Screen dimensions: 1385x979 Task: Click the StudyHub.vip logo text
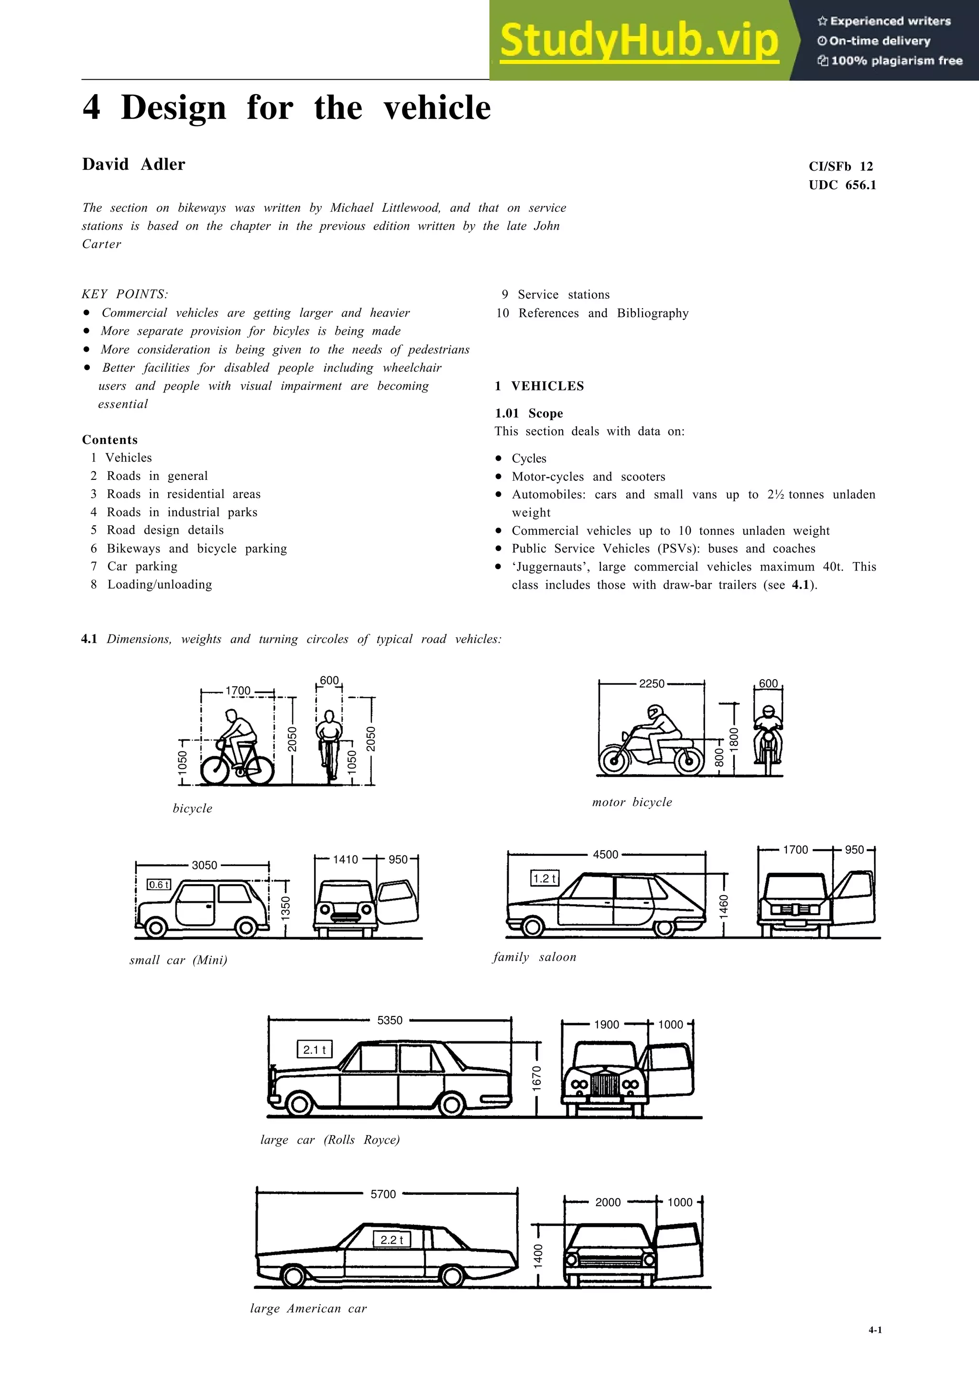tap(638, 41)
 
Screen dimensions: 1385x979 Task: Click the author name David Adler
tap(133, 164)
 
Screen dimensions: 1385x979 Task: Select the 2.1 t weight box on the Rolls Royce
tap(314, 1050)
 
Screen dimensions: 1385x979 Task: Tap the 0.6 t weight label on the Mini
tap(159, 884)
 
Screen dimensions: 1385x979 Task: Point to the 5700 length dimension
tap(383, 1194)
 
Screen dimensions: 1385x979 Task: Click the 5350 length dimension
tap(389, 1020)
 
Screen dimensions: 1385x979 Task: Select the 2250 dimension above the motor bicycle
tap(652, 683)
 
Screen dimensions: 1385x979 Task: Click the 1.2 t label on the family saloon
tap(544, 878)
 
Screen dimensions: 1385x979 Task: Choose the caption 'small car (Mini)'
tap(178, 960)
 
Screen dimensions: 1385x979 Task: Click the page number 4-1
tap(875, 1330)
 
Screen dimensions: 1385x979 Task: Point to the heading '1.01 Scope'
tap(528, 413)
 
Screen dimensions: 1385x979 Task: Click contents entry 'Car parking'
tap(142, 566)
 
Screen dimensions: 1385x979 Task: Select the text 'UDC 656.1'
tap(842, 185)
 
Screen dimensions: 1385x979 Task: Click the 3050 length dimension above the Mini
tap(204, 865)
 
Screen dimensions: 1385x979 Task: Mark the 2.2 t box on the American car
tap(392, 1240)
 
